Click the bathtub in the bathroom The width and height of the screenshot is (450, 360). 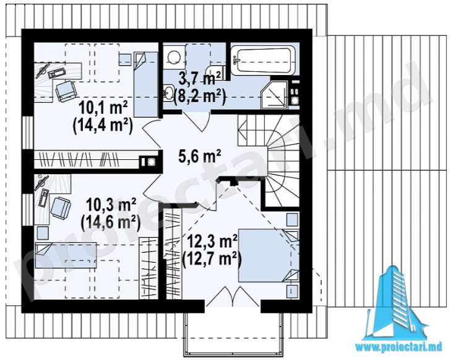(263, 59)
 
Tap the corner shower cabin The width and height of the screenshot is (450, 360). (274, 95)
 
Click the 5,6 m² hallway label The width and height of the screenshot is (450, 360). (199, 157)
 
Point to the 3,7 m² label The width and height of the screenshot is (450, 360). (200, 79)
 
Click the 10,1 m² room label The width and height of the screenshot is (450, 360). (103, 108)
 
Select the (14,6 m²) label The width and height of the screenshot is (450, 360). (110, 222)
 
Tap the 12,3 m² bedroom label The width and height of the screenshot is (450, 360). (212, 242)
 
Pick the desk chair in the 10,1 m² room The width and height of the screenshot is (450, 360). (66, 91)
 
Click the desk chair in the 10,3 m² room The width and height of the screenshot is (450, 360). (61, 207)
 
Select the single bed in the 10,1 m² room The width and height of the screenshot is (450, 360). (146, 84)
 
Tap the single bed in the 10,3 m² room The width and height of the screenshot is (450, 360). (66, 255)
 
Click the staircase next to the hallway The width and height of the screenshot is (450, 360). (269, 160)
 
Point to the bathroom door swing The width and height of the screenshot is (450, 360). (196, 121)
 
